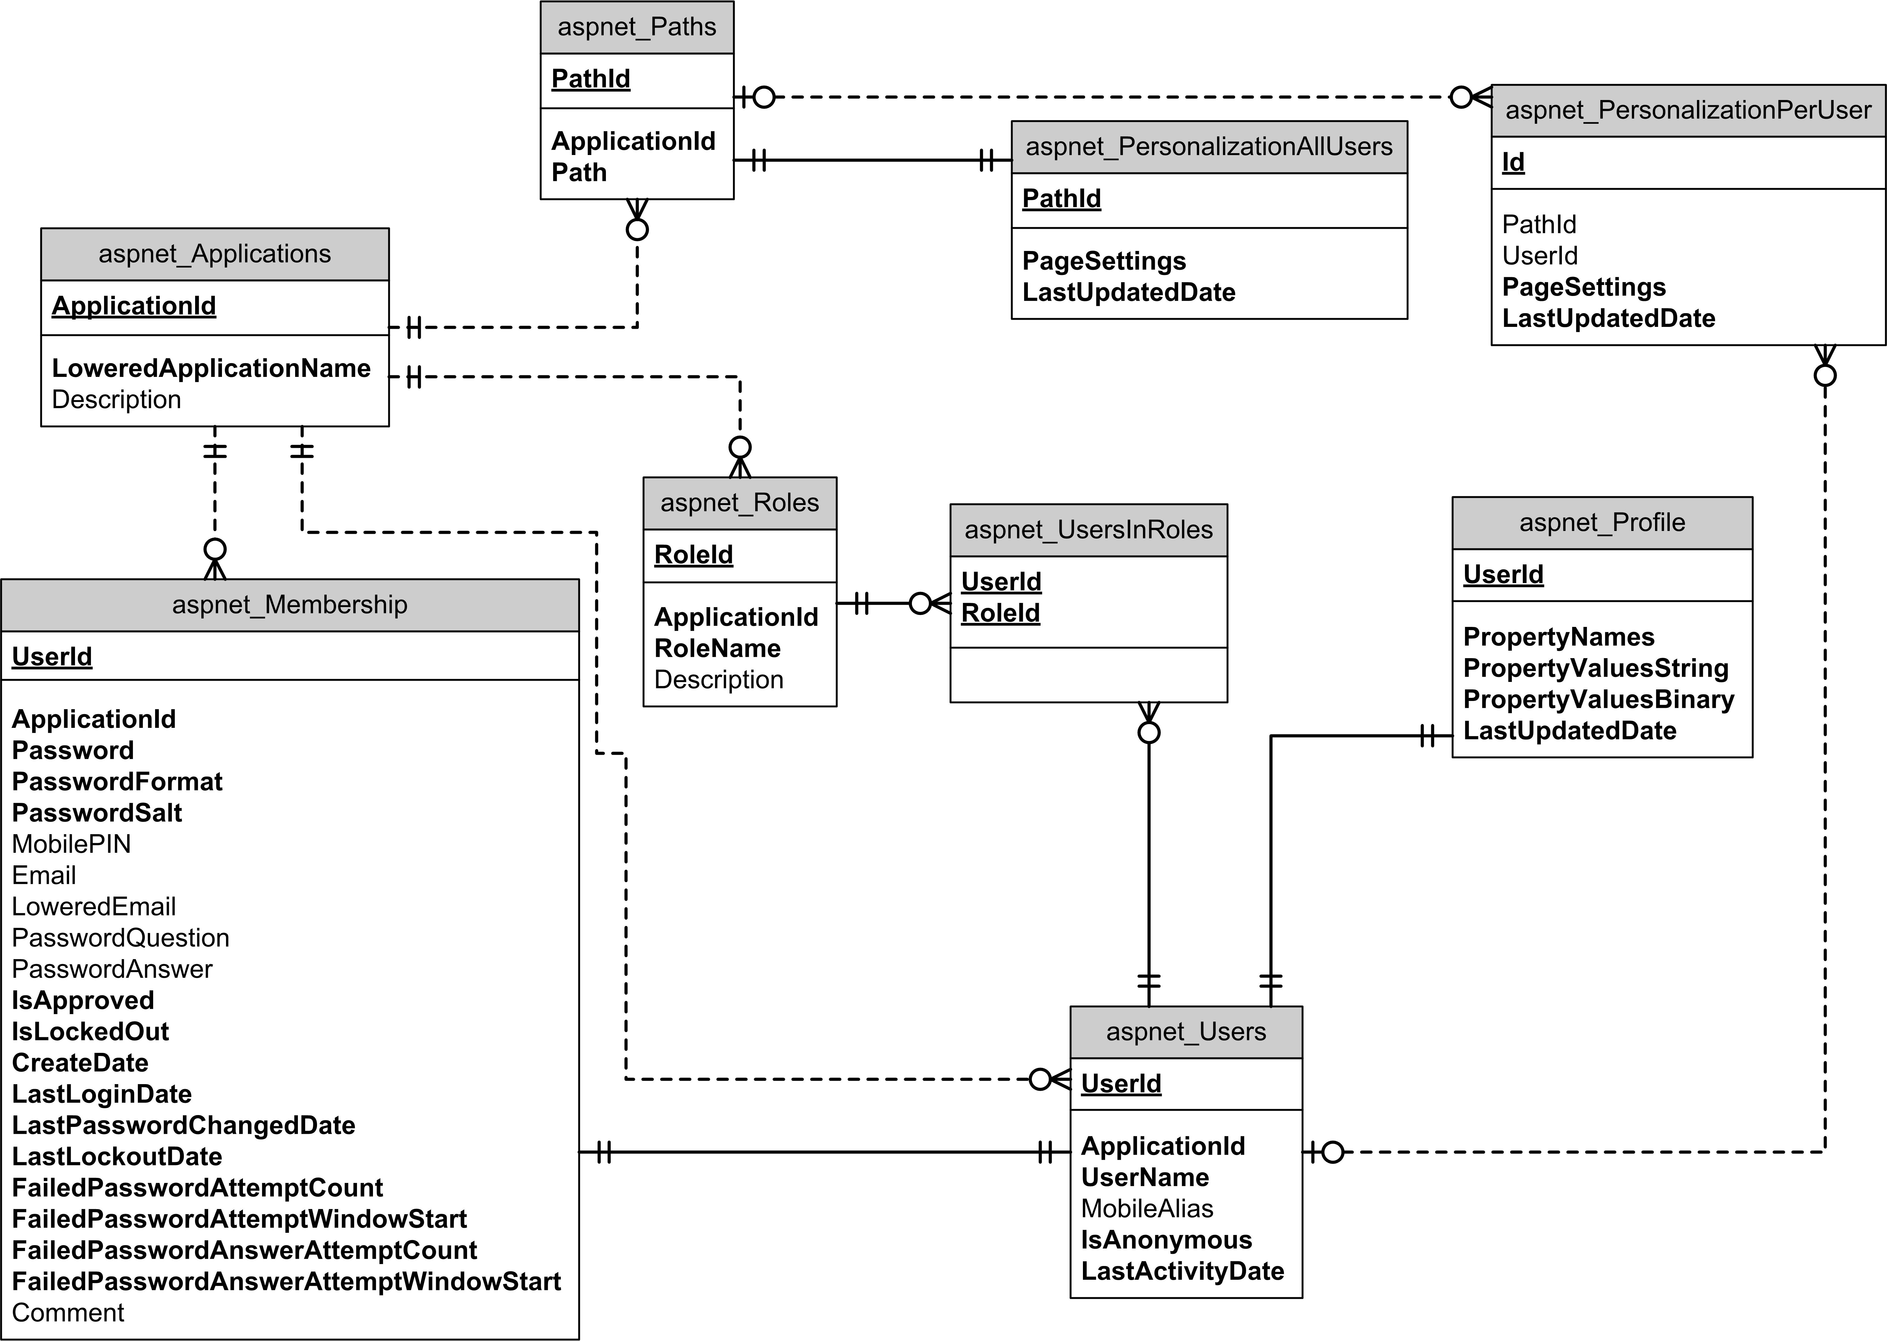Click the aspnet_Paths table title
[x=637, y=27]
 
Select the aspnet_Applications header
[x=215, y=254]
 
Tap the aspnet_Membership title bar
[x=290, y=605]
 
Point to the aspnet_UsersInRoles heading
[x=1089, y=530]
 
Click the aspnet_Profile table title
[x=1602, y=523]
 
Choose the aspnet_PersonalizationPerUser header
[x=1689, y=111]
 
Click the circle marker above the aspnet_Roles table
[x=740, y=448]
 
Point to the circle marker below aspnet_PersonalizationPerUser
[x=1825, y=376]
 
